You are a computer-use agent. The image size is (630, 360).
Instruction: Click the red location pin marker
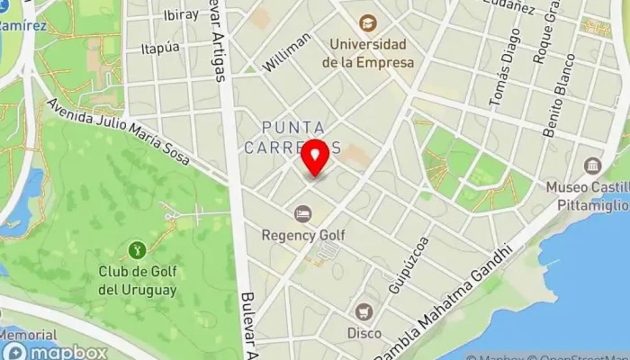click(315, 157)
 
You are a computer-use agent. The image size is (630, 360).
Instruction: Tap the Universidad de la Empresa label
click(367, 53)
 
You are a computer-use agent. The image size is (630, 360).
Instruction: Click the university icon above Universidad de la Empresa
click(367, 22)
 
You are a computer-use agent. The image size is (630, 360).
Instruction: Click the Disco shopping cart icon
click(364, 311)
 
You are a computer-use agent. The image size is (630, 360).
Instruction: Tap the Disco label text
click(364, 333)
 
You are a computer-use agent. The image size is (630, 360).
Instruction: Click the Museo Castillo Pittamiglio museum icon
click(592, 166)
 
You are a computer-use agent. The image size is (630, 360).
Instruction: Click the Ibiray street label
click(182, 15)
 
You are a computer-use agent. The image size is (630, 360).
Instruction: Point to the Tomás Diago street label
click(504, 68)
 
